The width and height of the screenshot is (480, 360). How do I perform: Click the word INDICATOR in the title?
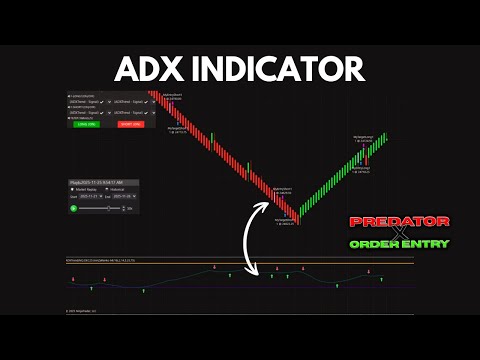282,68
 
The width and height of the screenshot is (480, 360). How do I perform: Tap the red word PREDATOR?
399,220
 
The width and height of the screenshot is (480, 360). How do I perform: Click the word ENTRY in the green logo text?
427,243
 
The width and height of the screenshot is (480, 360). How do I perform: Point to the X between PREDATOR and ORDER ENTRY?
399,232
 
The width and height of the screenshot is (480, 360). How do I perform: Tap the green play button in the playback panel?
73,208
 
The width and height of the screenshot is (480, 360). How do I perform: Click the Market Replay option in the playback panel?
80,189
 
